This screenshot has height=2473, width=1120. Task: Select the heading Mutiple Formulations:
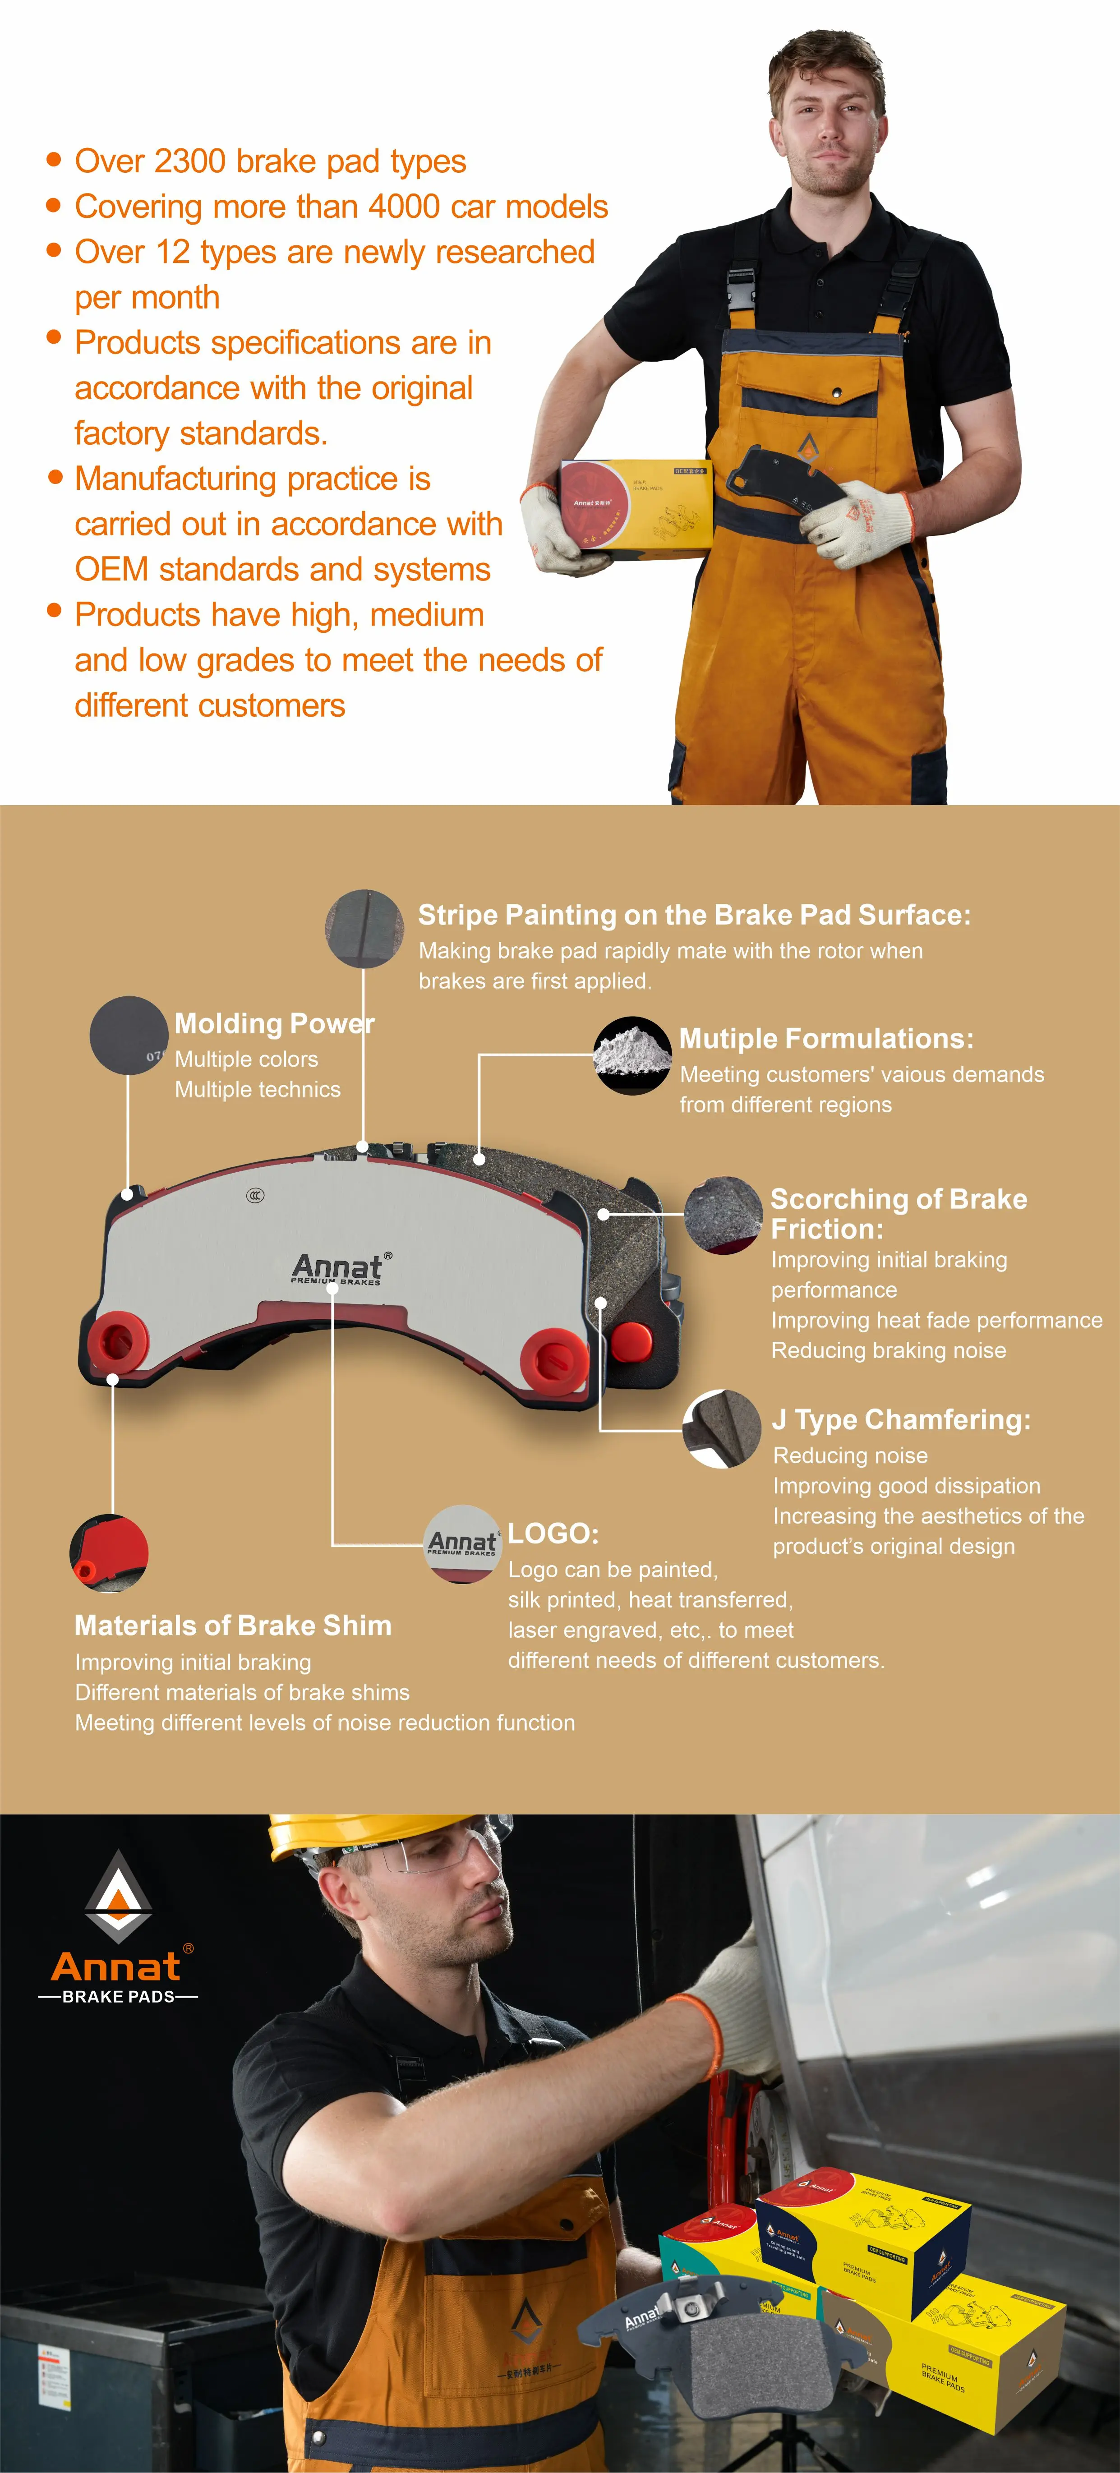[825, 1039]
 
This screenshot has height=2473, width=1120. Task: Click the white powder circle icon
[631, 1055]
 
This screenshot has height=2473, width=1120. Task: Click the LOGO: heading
[553, 1533]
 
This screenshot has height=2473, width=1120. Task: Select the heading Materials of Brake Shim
[233, 1626]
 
